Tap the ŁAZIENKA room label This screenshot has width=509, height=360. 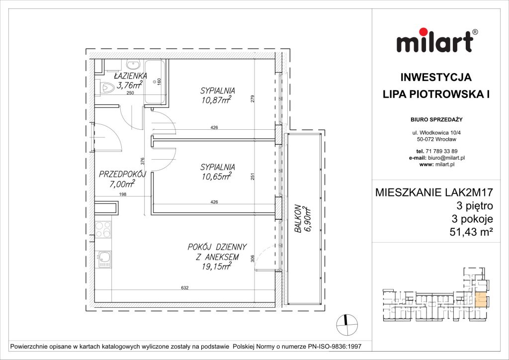click(x=129, y=76)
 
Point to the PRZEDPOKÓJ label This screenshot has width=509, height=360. click(x=122, y=175)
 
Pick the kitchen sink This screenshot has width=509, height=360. click(x=104, y=259)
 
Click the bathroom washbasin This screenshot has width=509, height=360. click(x=133, y=65)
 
